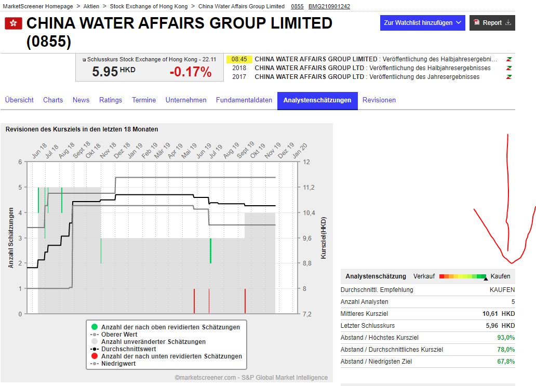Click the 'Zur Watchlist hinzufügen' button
422,23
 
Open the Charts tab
53,100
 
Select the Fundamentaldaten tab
244,100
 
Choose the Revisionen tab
379,100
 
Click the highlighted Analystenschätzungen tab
317,100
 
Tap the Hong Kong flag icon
14,23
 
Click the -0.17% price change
191,72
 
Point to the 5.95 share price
105,72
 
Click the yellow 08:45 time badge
239,59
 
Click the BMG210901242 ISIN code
329,6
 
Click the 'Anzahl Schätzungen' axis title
11,237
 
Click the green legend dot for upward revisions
94,327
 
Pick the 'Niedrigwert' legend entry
118,364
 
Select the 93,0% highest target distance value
506,338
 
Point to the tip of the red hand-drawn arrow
511,262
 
